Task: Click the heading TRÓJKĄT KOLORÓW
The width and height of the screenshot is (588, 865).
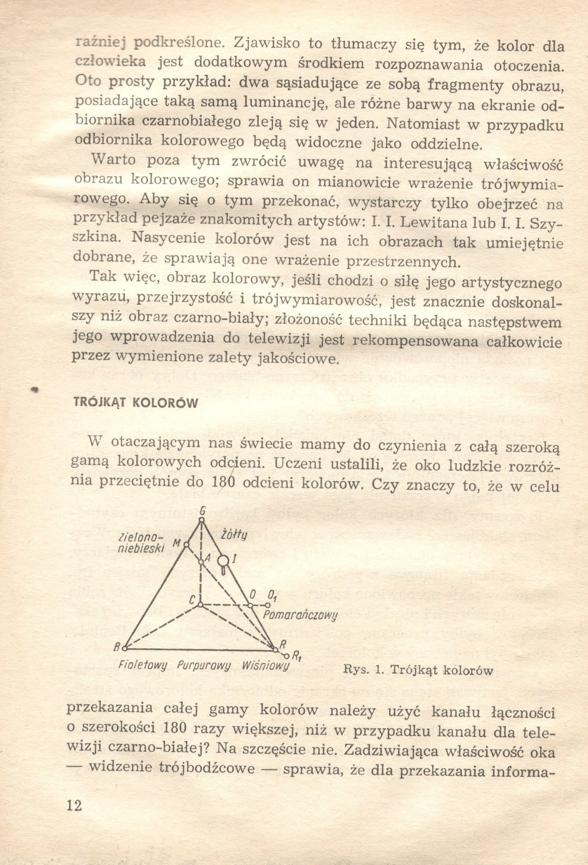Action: [136, 403]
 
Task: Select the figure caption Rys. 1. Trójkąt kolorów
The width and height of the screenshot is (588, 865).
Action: [418, 670]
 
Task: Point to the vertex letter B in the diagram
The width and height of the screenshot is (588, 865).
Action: [116, 648]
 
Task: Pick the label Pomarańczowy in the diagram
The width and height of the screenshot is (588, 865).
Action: [300, 615]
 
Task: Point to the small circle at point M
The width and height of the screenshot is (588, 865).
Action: [187, 545]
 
